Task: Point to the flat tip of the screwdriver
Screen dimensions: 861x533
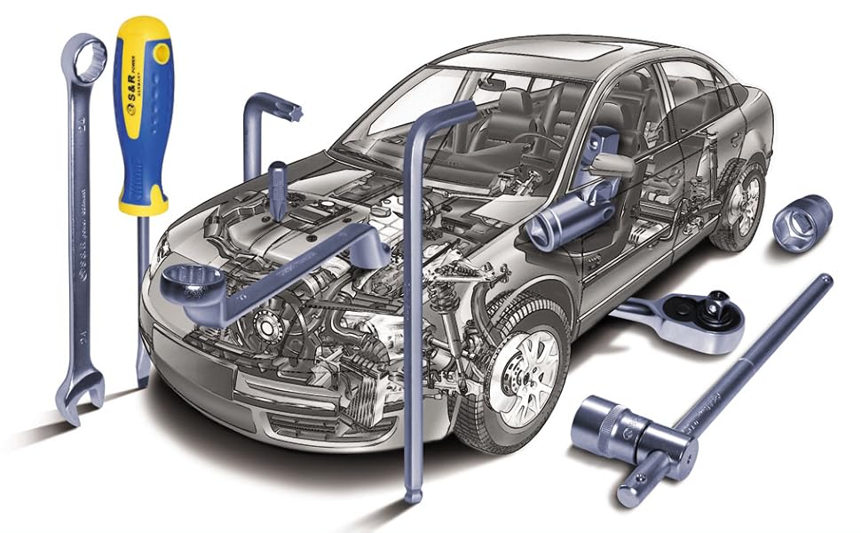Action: coord(141,377)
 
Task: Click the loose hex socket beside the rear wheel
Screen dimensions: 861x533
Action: coord(802,223)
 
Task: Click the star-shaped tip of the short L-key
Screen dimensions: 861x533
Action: coord(292,113)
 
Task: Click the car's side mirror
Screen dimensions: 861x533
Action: coord(612,164)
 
